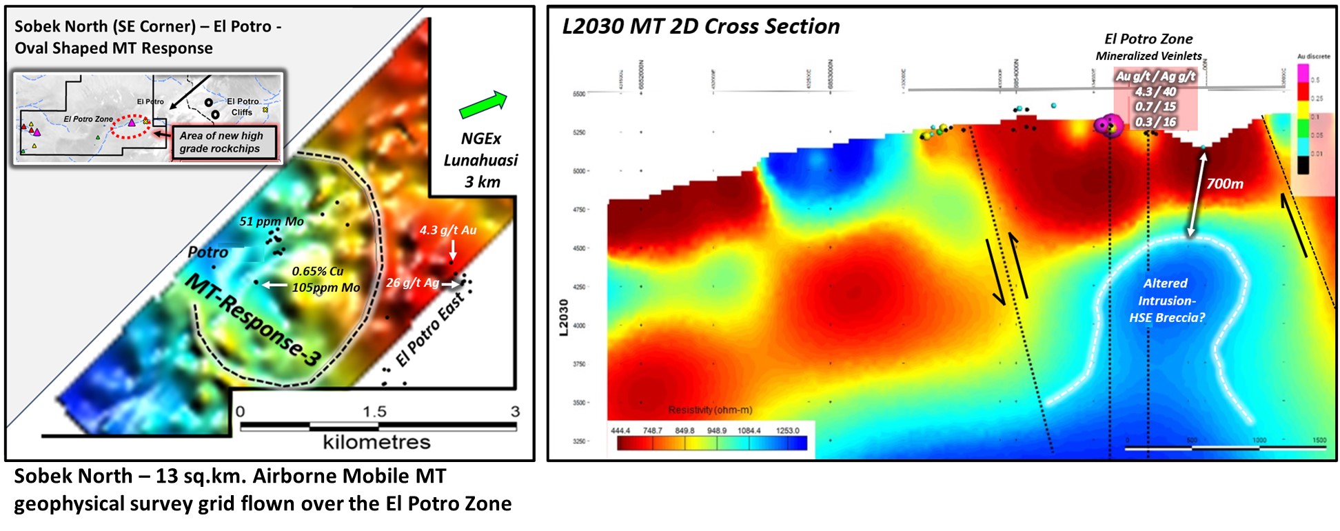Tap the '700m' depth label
point(1225,183)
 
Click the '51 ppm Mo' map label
point(272,221)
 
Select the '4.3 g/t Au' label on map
point(448,230)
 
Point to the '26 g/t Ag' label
point(412,283)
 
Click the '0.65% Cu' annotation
point(318,271)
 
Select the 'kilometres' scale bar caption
point(376,442)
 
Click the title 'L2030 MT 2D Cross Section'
point(701,27)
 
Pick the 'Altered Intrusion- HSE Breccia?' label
point(1166,301)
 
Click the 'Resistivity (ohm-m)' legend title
point(710,410)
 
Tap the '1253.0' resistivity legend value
point(787,430)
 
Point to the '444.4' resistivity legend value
point(620,430)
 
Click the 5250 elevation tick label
point(579,132)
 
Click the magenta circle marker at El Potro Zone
point(1106,125)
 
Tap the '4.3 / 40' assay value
point(1155,92)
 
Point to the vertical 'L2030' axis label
point(564,317)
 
